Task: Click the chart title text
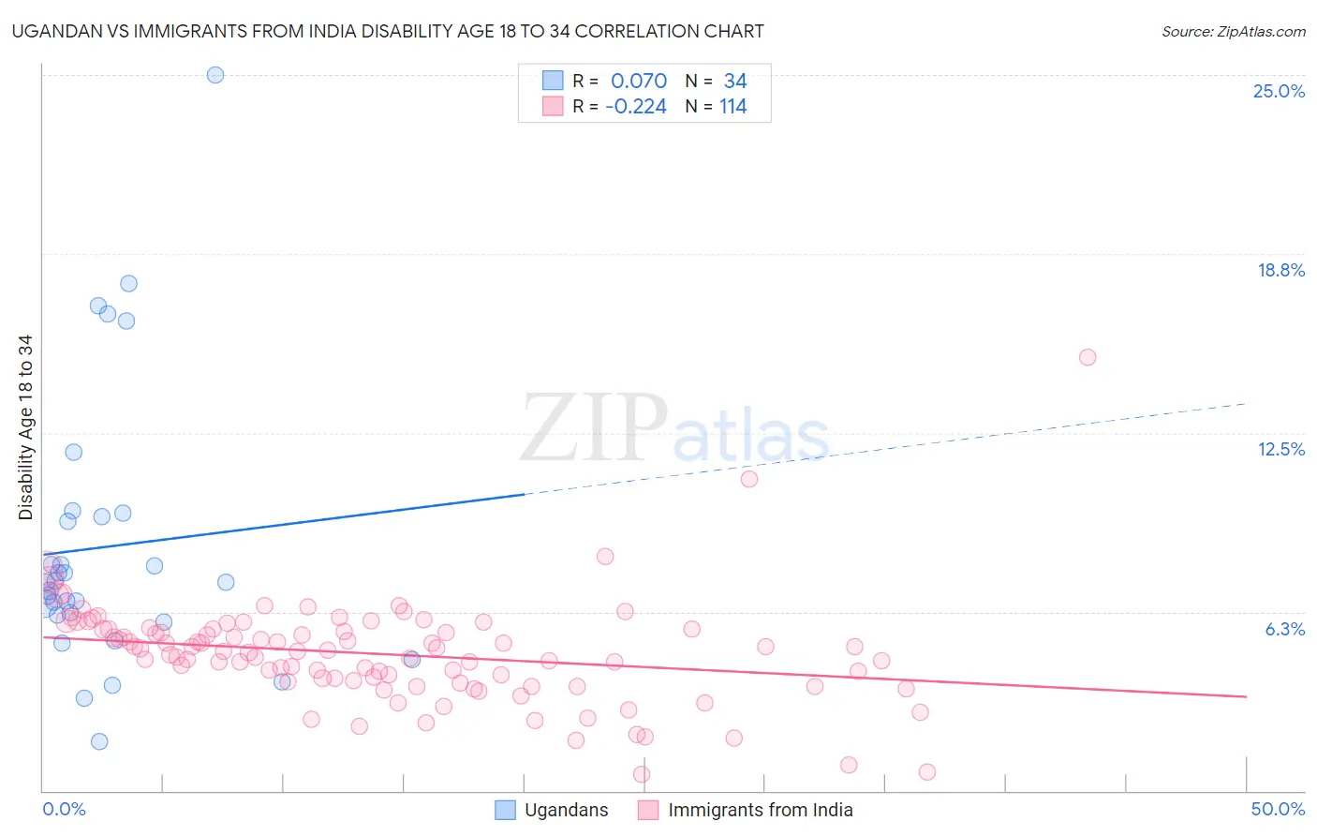(x=388, y=31)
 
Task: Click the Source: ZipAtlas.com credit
(x=1233, y=31)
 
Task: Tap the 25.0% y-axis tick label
(x=1278, y=91)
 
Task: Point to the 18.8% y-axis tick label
(x=1280, y=270)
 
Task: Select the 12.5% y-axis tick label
(x=1280, y=449)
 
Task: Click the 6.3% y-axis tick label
(x=1284, y=629)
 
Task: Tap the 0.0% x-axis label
(x=64, y=809)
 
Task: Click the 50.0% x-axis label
(x=1277, y=809)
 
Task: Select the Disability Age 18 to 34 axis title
(x=25, y=427)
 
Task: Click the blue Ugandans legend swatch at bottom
(x=505, y=810)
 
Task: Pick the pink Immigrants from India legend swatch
(x=648, y=810)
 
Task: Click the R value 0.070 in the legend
(x=639, y=81)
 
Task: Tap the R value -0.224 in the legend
(x=636, y=106)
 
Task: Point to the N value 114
(x=732, y=106)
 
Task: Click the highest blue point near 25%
(x=215, y=75)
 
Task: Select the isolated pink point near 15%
(x=1088, y=357)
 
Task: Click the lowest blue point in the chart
(x=99, y=741)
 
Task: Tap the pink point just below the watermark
(x=749, y=479)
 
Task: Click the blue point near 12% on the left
(x=73, y=452)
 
